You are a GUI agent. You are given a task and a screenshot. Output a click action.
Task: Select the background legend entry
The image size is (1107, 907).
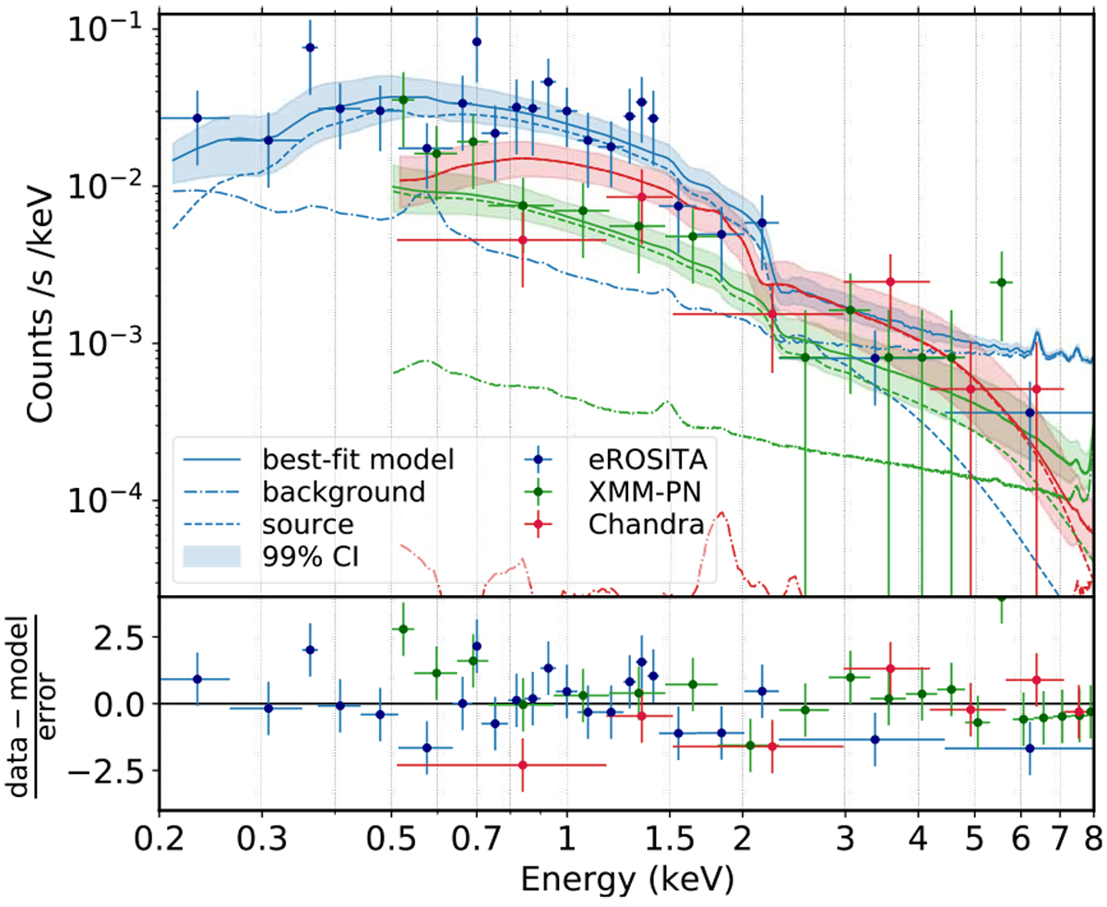pyautogui.click(x=343, y=491)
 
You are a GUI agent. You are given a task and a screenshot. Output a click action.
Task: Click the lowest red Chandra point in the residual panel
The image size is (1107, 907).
pyautogui.click(x=523, y=765)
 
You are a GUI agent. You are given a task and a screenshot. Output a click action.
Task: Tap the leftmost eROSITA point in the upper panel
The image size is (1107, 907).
pyautogui.click(x=196, y=118)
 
